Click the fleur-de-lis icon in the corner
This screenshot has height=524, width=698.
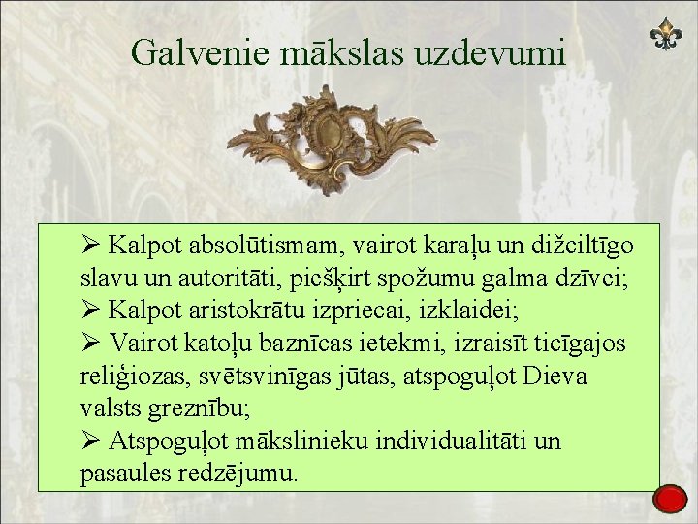tap(665, 36)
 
